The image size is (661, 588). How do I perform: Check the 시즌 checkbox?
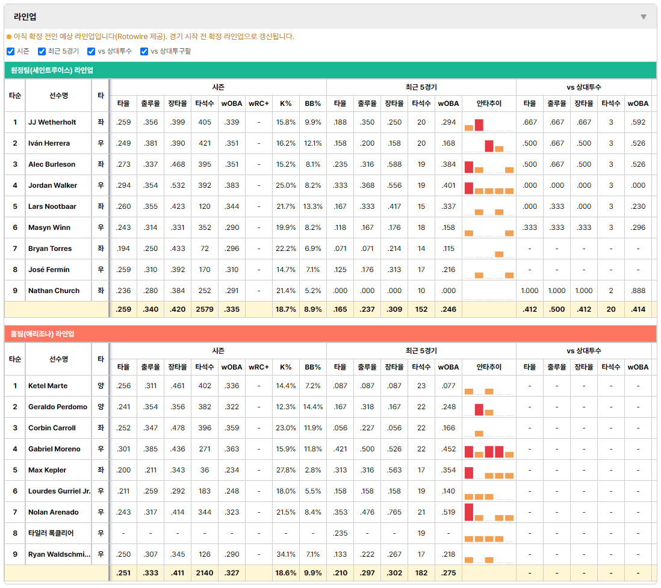point(11,51)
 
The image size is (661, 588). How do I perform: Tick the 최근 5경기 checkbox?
point(42,51)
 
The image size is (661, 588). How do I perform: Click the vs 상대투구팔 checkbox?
point(144,51)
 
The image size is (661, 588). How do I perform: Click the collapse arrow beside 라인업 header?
point(644,17)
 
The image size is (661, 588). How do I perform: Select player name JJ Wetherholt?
point(52,122)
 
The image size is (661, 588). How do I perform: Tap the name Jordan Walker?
point(53,185)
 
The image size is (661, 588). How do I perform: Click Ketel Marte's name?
point(48,386)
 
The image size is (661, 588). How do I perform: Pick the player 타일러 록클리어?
point(51,533)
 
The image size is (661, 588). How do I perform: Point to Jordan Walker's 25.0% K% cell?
point(286,185)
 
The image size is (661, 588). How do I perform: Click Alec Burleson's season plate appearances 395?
point(205,164)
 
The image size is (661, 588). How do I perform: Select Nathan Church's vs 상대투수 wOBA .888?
point(638,291)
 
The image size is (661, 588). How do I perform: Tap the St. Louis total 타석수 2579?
point(205,309)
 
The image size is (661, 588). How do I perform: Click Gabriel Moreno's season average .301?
point(123,449)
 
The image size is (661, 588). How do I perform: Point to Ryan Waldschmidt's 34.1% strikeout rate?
point(286,554)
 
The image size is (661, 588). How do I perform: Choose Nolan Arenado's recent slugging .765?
point(394,512)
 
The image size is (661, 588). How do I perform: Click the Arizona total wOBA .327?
point(232,573)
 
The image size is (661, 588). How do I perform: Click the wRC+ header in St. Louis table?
point(259,104)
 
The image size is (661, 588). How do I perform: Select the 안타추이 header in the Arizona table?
point(489,367)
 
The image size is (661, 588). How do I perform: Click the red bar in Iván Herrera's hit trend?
point(489,146)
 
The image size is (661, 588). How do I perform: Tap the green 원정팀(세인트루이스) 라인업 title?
point(52,70)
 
